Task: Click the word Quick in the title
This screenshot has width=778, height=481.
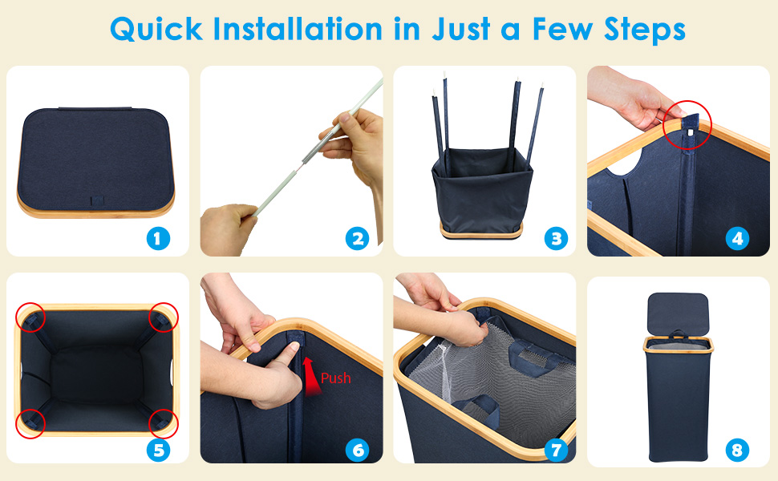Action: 156,29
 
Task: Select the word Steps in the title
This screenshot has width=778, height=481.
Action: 645,30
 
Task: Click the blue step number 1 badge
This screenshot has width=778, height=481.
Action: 158,239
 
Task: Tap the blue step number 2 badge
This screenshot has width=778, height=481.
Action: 357,239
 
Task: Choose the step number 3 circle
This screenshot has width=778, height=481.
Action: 556,239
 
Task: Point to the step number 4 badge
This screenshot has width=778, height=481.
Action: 737,239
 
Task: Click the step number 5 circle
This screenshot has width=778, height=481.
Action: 158,450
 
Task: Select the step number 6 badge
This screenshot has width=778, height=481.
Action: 357,450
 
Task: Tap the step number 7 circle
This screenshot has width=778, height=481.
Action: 556,450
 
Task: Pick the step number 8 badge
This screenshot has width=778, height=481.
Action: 737,450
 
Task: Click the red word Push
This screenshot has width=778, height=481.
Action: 336,378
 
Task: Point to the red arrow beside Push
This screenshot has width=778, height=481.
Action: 311,376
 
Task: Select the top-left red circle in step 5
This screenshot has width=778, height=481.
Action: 30,303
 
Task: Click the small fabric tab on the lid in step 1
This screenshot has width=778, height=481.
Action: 97,200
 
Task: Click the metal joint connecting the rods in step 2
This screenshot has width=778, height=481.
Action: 310,153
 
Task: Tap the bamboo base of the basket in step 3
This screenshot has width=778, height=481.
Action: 481,231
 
